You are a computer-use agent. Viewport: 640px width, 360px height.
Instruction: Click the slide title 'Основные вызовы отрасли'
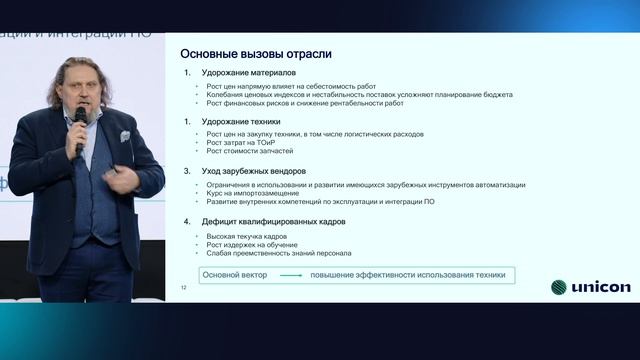coord(255,53)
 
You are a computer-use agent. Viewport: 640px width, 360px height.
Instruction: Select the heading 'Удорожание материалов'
coord(240,73)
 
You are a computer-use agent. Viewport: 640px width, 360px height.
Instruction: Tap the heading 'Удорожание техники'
coord(234,121)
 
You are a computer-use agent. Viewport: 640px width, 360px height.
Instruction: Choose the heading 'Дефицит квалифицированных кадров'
coord(268,220)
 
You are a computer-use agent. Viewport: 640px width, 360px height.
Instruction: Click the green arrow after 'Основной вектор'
coord(290,275)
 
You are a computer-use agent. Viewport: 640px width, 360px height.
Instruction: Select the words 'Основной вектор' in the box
coord(235,275)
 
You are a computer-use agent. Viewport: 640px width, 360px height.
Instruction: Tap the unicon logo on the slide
coord(590,288)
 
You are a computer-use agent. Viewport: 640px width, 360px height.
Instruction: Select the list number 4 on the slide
coord(187,220)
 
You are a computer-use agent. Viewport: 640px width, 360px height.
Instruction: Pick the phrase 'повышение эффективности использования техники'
coord(407,275)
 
